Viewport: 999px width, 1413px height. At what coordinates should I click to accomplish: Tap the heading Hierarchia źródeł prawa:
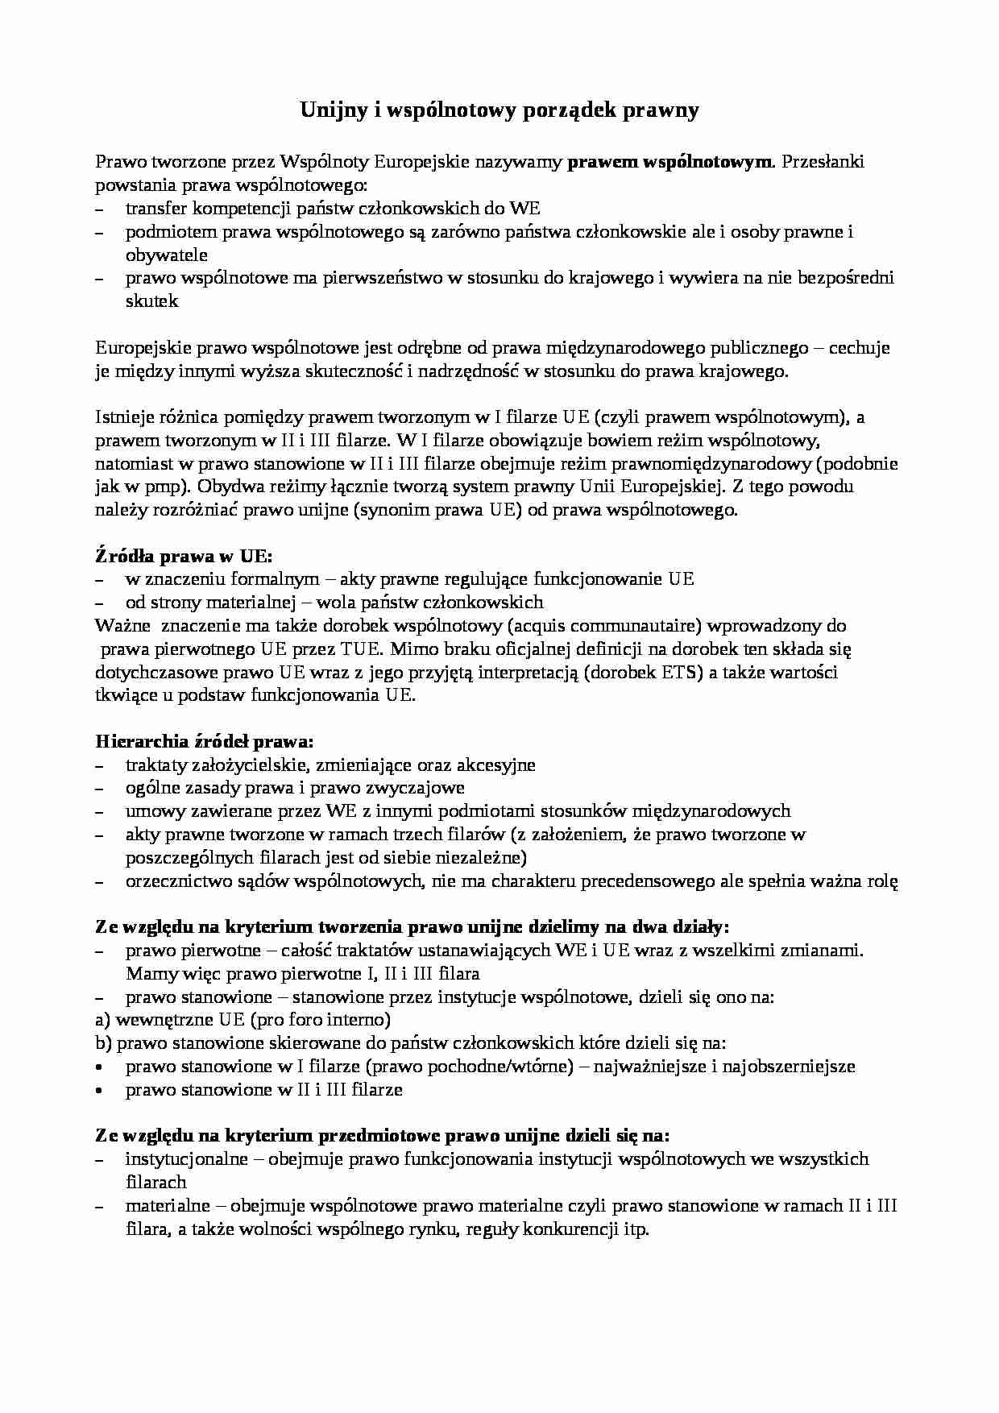click(205, 741)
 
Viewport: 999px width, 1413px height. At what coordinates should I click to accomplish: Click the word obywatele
click(167, 255)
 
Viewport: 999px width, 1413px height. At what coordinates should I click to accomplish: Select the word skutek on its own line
click(152, 301)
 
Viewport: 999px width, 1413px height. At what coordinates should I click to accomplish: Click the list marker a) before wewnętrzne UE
click(102, 1020)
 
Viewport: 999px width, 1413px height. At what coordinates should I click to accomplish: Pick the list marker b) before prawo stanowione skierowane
click(103, 1043)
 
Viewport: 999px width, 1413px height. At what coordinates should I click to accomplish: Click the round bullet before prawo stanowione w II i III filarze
click(100, 1090)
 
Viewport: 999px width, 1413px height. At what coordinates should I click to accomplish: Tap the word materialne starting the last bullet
click(168, 1206)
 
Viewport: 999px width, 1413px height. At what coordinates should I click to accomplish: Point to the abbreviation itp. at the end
click(635, 1229)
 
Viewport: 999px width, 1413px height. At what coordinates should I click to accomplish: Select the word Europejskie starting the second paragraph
click(136, 348)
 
